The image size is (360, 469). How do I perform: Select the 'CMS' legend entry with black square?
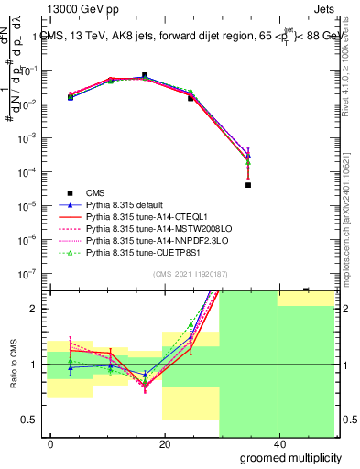coord(97,193)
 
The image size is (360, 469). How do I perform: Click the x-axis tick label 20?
coord(164,444)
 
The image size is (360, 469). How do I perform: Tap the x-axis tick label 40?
coord(278,444)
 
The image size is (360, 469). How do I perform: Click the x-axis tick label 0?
coord(50,444)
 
